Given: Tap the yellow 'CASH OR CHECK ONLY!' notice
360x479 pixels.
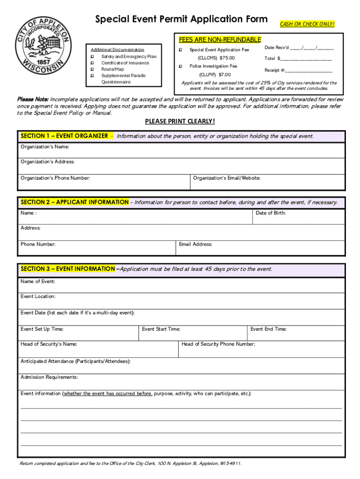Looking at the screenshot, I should point(307,24).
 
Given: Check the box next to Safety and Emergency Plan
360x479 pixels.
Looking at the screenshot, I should point(93,57).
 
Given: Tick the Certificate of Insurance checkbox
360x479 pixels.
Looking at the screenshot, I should point(93,63).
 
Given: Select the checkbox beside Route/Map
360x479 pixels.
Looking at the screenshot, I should point(93,69).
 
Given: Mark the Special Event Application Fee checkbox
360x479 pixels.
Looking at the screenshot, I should point(180,50).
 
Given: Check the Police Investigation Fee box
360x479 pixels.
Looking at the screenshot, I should point(180,66).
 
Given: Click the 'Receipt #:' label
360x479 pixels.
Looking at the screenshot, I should point(275,70).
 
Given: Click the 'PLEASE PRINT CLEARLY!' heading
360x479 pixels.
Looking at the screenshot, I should point(180,122).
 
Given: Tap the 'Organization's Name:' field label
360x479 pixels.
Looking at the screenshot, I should point(45,147).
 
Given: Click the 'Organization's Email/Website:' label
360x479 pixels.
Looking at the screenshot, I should point(227,178).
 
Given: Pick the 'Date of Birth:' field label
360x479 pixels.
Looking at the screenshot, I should point(271,213).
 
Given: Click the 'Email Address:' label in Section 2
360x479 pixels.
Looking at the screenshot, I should point(195,244).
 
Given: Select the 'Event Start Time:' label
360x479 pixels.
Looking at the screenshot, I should point(161,329).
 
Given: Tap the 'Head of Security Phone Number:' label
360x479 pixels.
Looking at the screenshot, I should point(218,344).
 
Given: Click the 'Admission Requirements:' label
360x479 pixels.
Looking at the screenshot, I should point(49,377).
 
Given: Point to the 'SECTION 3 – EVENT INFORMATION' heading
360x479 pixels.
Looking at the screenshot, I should point(68,269).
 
